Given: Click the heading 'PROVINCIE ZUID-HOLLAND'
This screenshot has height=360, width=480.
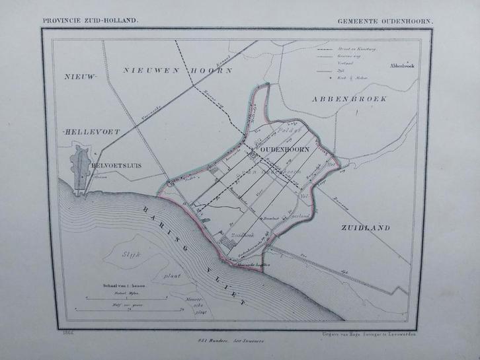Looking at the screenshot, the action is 91,20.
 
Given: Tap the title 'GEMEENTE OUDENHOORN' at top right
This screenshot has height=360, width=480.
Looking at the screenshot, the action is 385,21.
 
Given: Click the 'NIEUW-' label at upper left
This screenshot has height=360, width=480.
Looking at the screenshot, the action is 80,78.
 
